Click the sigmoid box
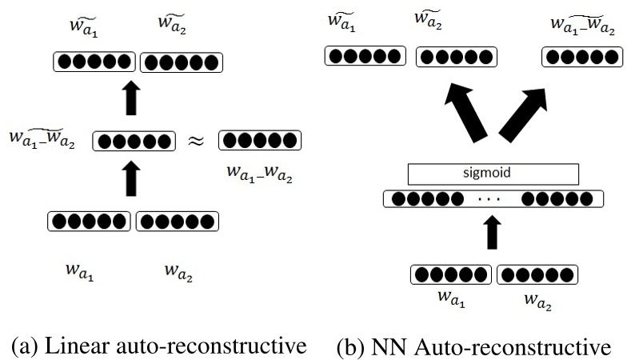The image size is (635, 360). click(x=493, y=174)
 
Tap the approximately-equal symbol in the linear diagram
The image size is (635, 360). click(x=196, y=142)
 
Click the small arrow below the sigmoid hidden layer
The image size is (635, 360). click(x=493, y=234)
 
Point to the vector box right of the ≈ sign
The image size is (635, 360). click(x=259, y=142)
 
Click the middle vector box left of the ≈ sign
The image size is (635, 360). click(x=134, y=142)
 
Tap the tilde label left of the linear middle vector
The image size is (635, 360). click(x=42, y=137)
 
